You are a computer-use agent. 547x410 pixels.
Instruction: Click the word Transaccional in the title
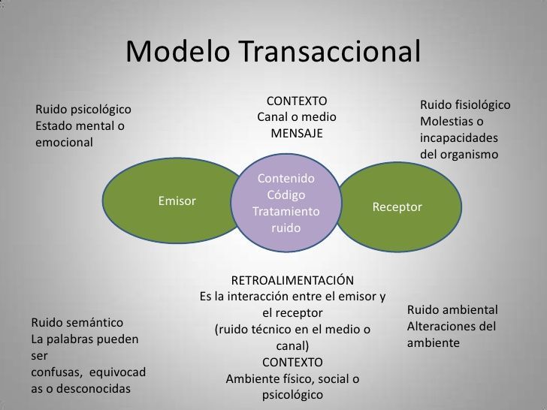pyautogui.click(x=328, y=53)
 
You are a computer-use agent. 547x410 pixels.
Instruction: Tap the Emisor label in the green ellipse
pyautogui.click(x=177, y=201)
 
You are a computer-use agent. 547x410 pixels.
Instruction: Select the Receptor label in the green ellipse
pyautogui.click(x=397, y=207)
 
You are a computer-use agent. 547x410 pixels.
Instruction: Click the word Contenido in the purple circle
pyautogui.click(x=286, y=179)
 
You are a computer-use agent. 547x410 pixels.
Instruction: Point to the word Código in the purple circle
pyautogui.click(x=286, y=195)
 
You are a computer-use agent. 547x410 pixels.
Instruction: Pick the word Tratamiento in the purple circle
pyautogui.click(x=286, y=212)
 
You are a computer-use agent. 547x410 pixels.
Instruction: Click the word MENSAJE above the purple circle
pyautogui.click(x=296, y=133)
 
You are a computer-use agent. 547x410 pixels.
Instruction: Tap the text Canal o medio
pyautogui.click(x=296, y=117)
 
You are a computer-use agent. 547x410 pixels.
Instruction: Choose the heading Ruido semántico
pyautogui.click(x=77, y=323)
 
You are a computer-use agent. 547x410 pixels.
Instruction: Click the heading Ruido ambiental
pyautogui.click(x=452, y=310)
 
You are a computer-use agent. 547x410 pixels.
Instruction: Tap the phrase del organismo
pyautogui.click(x=459, y=155)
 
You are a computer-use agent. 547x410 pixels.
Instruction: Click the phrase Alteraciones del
pyautogui.click(x=452, y=327)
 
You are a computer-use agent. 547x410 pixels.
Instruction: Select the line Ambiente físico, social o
pyautogui.click(x=292, y=379)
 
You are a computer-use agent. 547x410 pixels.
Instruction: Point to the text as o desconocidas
pyautogui.click(x=80, y=389)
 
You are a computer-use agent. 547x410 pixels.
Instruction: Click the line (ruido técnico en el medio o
pyautogui.click(x=292, y=330)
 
